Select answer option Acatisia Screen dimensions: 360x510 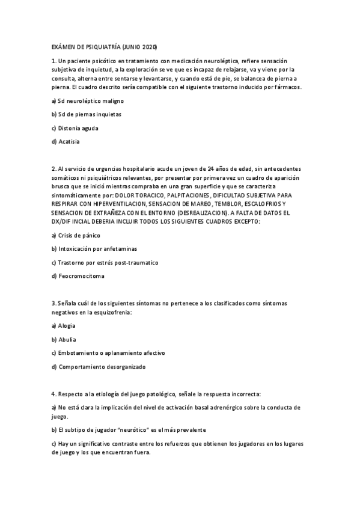click(x=68, y=141)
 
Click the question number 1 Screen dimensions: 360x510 click(x=53, y=61)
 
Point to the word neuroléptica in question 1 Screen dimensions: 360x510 click(x=219, y=61)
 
